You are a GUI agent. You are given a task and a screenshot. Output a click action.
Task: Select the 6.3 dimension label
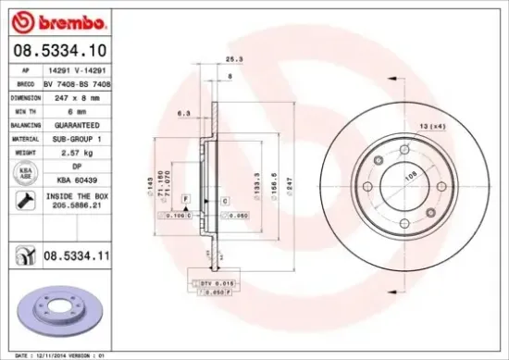point(185,115)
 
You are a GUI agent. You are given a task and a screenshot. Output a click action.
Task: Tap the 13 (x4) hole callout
point(432,125)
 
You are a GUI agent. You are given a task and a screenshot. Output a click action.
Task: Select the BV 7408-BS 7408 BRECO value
point(78,82)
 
